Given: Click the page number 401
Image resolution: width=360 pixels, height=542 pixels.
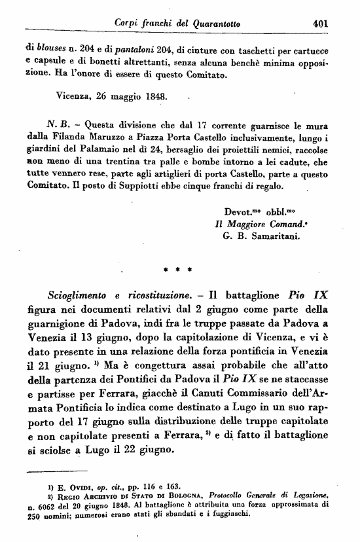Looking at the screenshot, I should click(x=320, y=23).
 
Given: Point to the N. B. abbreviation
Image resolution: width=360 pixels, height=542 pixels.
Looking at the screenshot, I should click(x=56, y=123).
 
